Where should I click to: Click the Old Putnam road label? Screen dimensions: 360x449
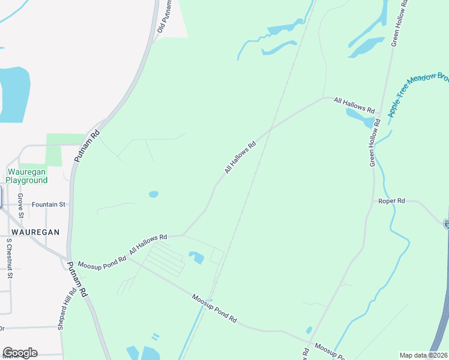(x=161, y=17)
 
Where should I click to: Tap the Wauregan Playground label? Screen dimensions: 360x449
(x=26, y=176)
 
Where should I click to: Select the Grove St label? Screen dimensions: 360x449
(x=20, y=205)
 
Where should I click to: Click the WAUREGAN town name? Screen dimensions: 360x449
(x=35, y=232)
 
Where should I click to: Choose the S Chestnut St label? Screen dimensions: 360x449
(x=9, y=259)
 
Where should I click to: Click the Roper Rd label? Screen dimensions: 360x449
(x=391, y=201)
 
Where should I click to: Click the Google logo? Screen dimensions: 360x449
(x=20, y=353)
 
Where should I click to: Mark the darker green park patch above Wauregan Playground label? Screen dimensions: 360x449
(x=54, y=150)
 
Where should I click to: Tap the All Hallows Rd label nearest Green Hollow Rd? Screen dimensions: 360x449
(x=354, y=106)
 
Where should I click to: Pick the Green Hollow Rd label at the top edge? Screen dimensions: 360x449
(x=400, y=23)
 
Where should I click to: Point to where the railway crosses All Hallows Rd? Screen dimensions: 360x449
(x=271, y=128)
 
